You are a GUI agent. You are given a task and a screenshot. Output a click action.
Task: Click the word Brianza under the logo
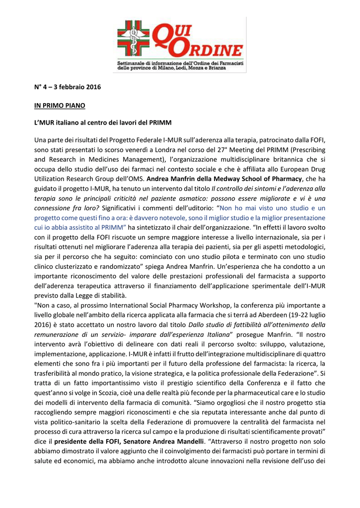coord(215,67)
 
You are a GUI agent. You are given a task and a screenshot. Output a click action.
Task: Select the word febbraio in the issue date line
coord(71,87)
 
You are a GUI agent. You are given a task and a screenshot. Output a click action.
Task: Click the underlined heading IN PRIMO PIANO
coord(60,106)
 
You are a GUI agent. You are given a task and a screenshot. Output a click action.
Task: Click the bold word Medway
coord(238,179)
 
